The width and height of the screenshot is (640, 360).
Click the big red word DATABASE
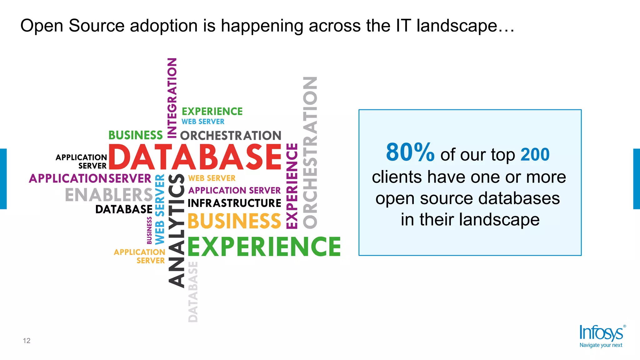195,157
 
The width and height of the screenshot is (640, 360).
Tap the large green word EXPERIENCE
264,247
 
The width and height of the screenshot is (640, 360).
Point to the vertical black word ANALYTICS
177,230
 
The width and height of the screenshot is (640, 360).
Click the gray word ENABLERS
109,195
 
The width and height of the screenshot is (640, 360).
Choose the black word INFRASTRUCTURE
234,203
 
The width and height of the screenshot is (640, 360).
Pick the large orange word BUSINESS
234,221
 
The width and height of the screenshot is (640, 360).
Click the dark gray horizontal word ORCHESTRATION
231,136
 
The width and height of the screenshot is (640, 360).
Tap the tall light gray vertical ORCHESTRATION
310,152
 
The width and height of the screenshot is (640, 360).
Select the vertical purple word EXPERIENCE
292,186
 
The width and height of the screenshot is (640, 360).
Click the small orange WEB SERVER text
212,178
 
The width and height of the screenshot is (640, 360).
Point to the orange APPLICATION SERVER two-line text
140,256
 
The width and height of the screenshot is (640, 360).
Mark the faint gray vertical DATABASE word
193,292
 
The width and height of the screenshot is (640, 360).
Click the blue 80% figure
410,152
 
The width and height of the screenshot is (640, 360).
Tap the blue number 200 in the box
535,154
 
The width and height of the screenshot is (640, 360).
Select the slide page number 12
27,341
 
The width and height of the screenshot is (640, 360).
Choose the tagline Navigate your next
601,345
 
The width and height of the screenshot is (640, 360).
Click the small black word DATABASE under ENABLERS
124,209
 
